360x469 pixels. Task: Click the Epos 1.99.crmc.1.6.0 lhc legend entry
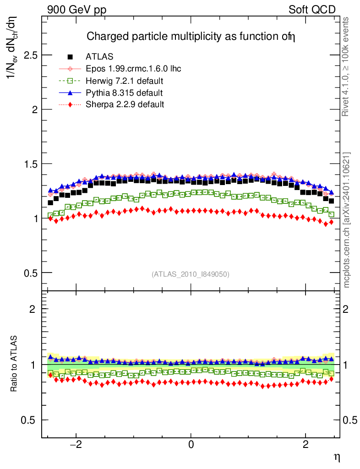133,69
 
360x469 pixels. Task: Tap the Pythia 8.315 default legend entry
124,93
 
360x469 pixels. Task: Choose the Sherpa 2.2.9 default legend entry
125,104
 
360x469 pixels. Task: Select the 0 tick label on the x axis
191,445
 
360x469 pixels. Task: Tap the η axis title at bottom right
336,457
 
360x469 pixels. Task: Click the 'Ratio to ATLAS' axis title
14,363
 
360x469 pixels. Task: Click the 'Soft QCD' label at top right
313,10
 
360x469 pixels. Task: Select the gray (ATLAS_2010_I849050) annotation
190,274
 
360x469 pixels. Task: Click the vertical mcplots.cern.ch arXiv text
347,220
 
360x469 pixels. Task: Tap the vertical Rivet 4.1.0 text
347,67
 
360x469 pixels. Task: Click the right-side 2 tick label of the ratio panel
347,309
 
